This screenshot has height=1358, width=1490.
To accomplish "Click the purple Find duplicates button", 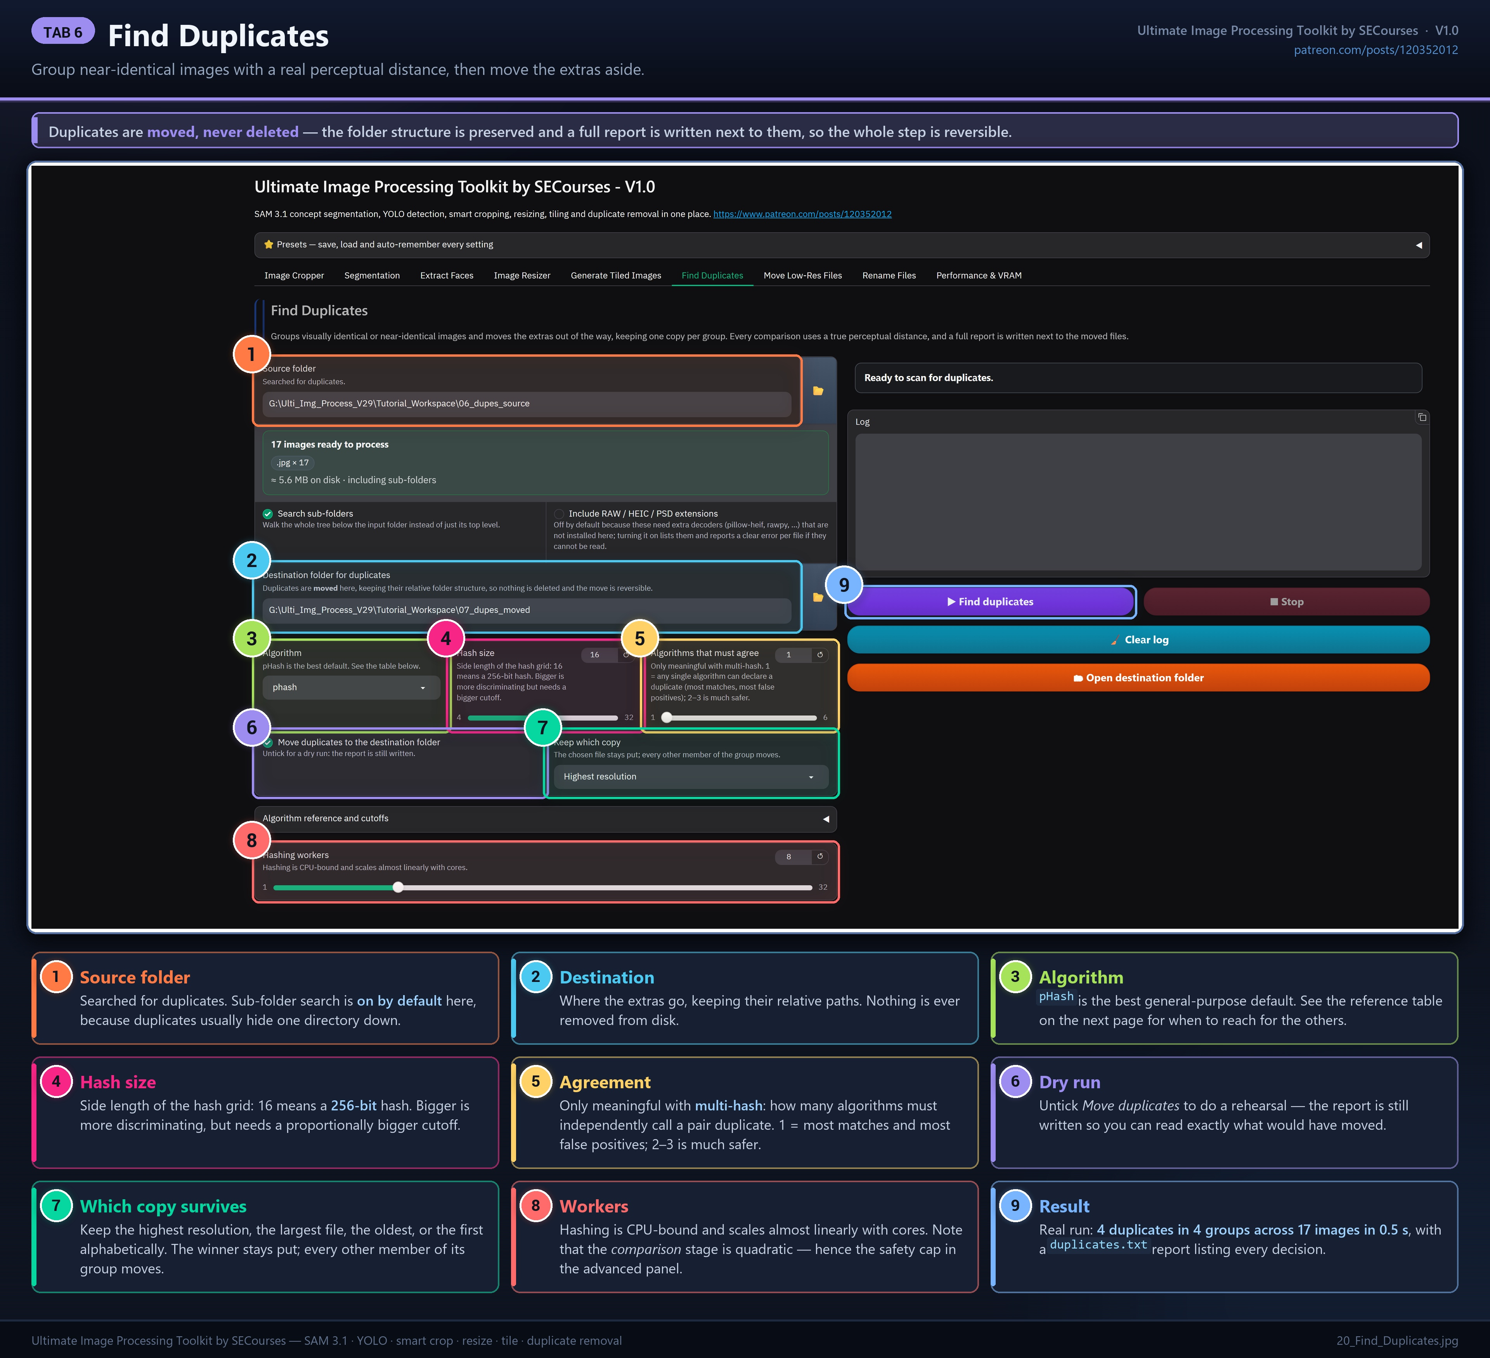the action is click(x=990, y=602).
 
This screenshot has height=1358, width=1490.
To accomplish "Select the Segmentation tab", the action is click(x=372, y=276).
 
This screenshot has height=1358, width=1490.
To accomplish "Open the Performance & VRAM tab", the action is click(x=979, y=276).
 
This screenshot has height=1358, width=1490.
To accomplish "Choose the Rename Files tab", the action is click(x=889, y=276).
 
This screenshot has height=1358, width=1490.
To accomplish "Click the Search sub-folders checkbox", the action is click(x=268, y=514).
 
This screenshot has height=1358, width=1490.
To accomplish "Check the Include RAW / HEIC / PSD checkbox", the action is click(x=559, y=514).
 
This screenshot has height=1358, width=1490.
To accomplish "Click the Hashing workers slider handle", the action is click(x=398, y=887).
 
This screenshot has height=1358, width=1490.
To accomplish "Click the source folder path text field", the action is click(x=526, y=404).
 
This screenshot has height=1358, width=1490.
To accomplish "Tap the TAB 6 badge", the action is click(x=63, y=32).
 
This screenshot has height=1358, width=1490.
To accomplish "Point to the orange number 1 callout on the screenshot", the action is click(x=251, y=354).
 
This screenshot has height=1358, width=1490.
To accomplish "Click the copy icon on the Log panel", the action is click(x=1421, y=418).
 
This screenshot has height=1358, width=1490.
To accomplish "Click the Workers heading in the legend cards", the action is click(x=594, y=1207).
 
